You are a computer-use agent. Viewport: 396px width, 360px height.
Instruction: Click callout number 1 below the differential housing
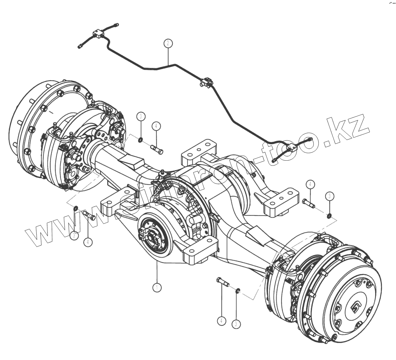coord(157,287)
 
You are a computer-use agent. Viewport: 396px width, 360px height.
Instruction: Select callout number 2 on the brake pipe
coord(168,43)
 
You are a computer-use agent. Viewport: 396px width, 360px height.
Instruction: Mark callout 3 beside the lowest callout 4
coord(236,324)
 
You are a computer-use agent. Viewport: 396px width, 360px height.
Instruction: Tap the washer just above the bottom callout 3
coord(237,291)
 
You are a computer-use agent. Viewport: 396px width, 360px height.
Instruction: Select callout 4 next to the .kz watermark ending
coord(310,184)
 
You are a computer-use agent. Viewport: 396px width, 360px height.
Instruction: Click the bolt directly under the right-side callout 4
coord(309,204)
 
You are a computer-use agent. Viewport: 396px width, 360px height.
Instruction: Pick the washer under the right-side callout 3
coord(329,215)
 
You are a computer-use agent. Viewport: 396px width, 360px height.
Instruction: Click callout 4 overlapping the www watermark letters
coord(88,242)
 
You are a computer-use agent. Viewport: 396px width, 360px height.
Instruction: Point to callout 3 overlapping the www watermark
coord(74,235)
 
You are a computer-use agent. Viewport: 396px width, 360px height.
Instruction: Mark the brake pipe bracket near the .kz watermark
coord(293,148)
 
